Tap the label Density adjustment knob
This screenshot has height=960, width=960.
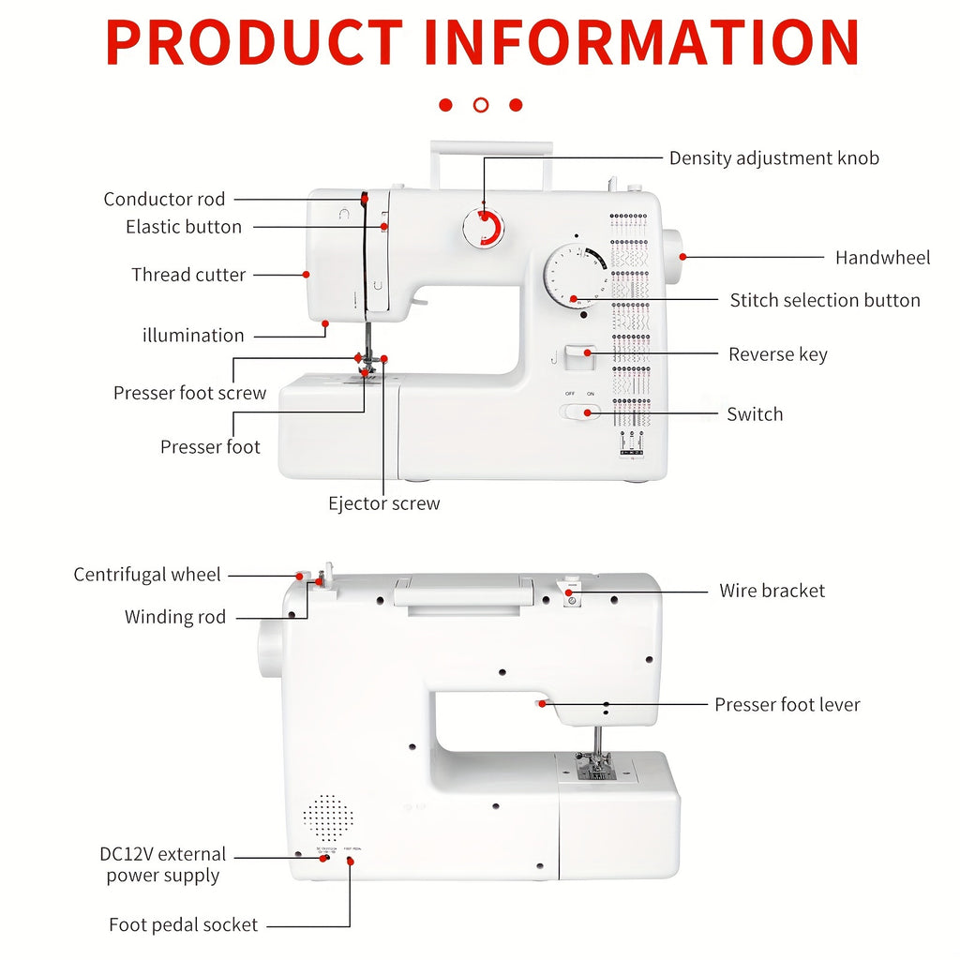pyautogui.click(x=773, y=158)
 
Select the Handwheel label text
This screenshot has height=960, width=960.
pyautogui.click(x=882, y=258)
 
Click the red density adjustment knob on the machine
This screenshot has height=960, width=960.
pyautogui.click(x=484, y=228)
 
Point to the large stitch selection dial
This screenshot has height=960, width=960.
pyautogui.click(x=574, y=275)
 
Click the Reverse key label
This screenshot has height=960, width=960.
pyautogui.click(x=777, y=354)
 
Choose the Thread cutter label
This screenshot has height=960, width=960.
pyautogui.click(x=188, y=275)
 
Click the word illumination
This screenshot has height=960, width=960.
pyautogui.click(x=193, y=335)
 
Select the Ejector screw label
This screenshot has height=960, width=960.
pyautogui.click(x=383, y=503)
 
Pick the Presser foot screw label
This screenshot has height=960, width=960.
pyautogui.click(x=189, y=393)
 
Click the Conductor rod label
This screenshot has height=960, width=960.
pyautogui.click(x=164, y=199)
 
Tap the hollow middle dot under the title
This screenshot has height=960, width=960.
pyautogui.click(x=481, y=105)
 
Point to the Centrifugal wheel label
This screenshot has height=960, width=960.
pyautogui.click(x=147, y=575)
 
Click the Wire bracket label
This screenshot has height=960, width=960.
pyautogui.click(x=772, y=591)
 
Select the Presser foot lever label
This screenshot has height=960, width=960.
pyautogui.click(x=787, y=704)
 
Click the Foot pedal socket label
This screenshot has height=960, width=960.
pyautogui.click(x=183, y=924)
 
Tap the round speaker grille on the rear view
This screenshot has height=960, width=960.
pyautogui.click(x=328, y=817)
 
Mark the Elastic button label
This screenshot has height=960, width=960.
pyautogui.click(x=183, y=227)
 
